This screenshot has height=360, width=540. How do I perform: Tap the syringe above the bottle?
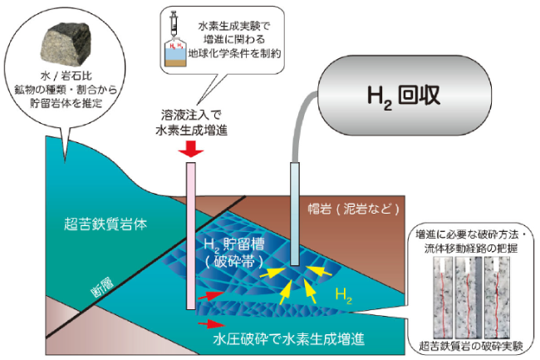[x=174, y=23]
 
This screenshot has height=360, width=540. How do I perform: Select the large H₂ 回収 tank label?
[x=404, y=96]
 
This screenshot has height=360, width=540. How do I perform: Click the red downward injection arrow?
[x=191, y=149]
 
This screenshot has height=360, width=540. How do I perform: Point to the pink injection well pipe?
[x=191, y=236]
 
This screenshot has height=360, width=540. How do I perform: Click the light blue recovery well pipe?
[x=295, y=214]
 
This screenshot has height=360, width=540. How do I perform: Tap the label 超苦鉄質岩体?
[x=106, y=224]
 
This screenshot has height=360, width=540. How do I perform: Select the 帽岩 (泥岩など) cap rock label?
[x=354, y=209]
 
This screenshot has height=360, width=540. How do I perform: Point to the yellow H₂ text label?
[x=343, y=296]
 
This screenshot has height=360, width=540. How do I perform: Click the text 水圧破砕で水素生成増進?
[x=288, y=339]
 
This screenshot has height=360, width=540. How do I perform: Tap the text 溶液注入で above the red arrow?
[x=191, y=115]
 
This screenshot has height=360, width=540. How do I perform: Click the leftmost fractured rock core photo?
[x=443, y=298]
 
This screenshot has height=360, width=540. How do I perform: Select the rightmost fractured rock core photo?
[x=497, y=298]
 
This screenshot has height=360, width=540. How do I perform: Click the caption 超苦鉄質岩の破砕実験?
[x=471, y=346]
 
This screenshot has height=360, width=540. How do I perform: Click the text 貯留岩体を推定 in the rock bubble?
[x=66, y=102]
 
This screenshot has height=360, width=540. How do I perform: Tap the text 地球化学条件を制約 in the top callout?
[x=234, y=54]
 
